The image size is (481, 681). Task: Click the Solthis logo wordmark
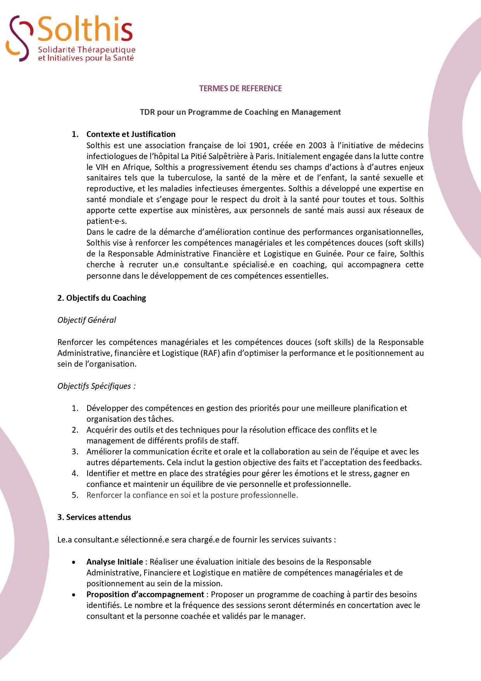coord(85,29)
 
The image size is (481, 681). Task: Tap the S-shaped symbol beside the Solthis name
coord(19,38)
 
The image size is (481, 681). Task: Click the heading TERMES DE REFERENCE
coord(240,88)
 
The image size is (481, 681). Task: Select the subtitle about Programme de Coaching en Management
coord(240,112)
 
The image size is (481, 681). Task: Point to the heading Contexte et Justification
coord(131,134)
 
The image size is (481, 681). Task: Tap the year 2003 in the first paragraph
coord(317,146)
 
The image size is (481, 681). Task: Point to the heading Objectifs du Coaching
coord(102,298)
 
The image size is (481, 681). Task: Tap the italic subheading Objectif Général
coord(87,320)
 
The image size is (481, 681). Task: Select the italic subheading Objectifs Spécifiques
coord(96,386)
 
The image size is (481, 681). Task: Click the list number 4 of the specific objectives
coord(75,473)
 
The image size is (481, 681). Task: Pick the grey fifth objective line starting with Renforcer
coord(192,495)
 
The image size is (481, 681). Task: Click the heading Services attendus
coord(94,517)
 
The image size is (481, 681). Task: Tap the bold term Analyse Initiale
coord(115,562)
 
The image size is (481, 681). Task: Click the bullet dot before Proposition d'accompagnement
coord(74,594)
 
